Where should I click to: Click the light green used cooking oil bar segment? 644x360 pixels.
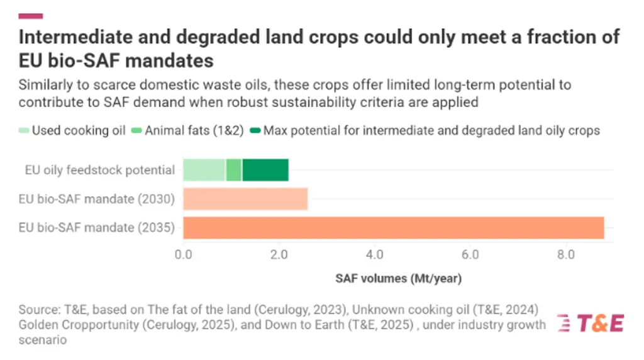click(204, 170)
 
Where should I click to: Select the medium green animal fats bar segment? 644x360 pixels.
click(234, 170)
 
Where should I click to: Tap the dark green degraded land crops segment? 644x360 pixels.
click(265, 170)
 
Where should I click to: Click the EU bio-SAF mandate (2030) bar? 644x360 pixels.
click(245, 199)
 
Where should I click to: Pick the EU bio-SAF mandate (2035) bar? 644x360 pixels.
click(394, 228)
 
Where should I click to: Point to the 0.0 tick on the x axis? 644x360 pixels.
click(183, 255)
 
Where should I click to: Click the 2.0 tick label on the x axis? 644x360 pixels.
click(279, 255)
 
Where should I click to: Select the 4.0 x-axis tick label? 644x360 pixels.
click(375, 255)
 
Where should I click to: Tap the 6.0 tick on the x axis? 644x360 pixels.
click(470, 255)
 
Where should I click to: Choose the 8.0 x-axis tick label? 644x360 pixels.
click(566, 255)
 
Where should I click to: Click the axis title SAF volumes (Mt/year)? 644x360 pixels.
click(398, 279)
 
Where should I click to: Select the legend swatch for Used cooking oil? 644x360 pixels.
click(24, 131)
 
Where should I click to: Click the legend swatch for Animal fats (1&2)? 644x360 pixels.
click(136, 131)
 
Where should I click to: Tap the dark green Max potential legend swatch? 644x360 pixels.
click(255, 131)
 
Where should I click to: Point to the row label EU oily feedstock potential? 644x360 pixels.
click(100, 170)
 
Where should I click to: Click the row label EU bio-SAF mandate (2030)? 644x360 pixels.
click(97, 199)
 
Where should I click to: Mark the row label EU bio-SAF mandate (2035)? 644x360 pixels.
click(97, 228)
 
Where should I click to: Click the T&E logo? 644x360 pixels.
click(591, 323)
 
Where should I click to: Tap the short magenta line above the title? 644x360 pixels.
click(31, 16)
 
